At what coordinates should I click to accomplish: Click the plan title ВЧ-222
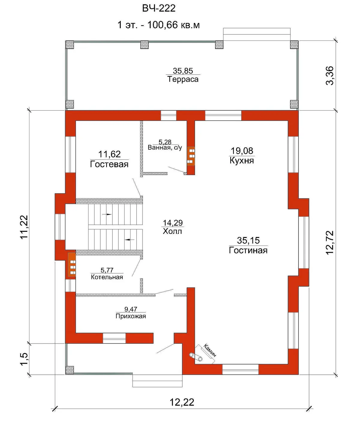tap(159, 8)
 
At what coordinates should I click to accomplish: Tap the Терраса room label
tap(183, 79)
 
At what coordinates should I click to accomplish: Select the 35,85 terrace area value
tap(183, 71)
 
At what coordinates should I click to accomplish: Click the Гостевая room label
tap(109, 164)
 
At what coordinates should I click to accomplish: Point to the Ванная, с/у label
tap(165, 148)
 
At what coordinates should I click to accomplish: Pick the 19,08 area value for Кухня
tap(242, 151)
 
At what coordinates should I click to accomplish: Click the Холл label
tap(172, 231)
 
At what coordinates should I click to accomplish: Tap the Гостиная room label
tap(248, 250)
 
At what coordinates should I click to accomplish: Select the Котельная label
tap(107, 277)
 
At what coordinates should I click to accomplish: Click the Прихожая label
tap(131, 316)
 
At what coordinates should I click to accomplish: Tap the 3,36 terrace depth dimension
tap(330, 76)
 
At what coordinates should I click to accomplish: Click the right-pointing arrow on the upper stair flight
tap(107, 214)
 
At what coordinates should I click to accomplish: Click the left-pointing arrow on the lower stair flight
tap(129, 240)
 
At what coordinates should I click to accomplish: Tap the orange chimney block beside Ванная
tap(191, 156)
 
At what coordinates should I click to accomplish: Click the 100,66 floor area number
tap(162, 25)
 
